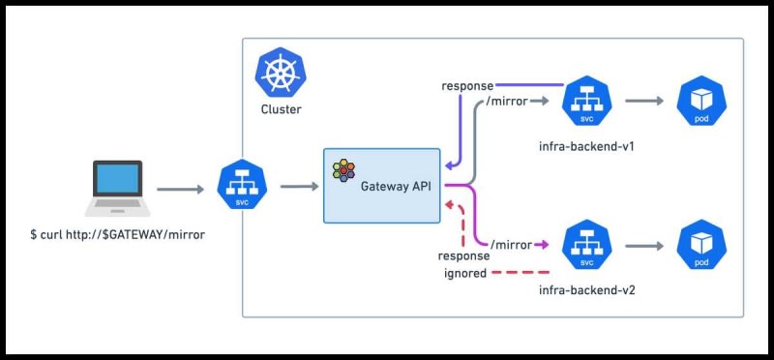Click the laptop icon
pos(117,188)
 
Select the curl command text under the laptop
pos(117,235)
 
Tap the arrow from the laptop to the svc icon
pos(180,189)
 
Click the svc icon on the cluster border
pos(242,185)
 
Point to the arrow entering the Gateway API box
pos(300,186)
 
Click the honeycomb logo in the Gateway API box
pos(343,171)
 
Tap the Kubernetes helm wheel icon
pos(281,73)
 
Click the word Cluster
pos(281,109)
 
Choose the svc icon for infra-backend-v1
pos(587,102)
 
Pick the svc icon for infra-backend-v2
pos(587,245)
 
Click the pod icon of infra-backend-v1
pos(701,102)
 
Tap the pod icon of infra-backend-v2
pos(701,245)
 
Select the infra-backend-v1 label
pos(587,147)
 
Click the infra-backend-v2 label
pos(587,290)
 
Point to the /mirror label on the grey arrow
pos(507,102)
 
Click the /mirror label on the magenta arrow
pos(511,245)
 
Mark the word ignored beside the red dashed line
pos(465,273)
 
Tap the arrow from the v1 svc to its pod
pos(644,102)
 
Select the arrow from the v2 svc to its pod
pos(644,246)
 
